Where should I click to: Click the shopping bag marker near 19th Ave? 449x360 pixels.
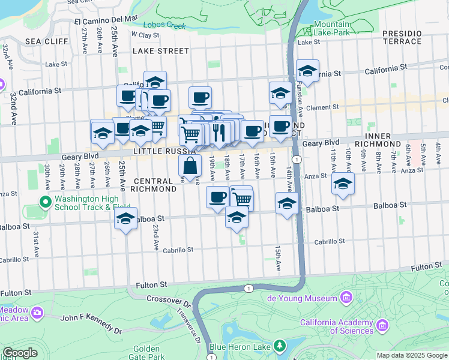coord(190,166)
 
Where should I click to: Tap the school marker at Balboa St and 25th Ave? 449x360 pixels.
coord(126,219)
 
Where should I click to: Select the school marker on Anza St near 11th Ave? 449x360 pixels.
coord(343,184)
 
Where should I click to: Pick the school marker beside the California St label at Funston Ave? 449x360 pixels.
coord(307,71)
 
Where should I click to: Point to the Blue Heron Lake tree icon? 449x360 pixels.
coord(279,346)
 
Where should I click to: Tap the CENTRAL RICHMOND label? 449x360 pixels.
coord(155,185)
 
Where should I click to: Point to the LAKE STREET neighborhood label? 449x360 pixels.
coord(161,51)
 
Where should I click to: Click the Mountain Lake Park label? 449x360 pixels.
coord(331,28)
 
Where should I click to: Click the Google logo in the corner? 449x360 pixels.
coord(20,353)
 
